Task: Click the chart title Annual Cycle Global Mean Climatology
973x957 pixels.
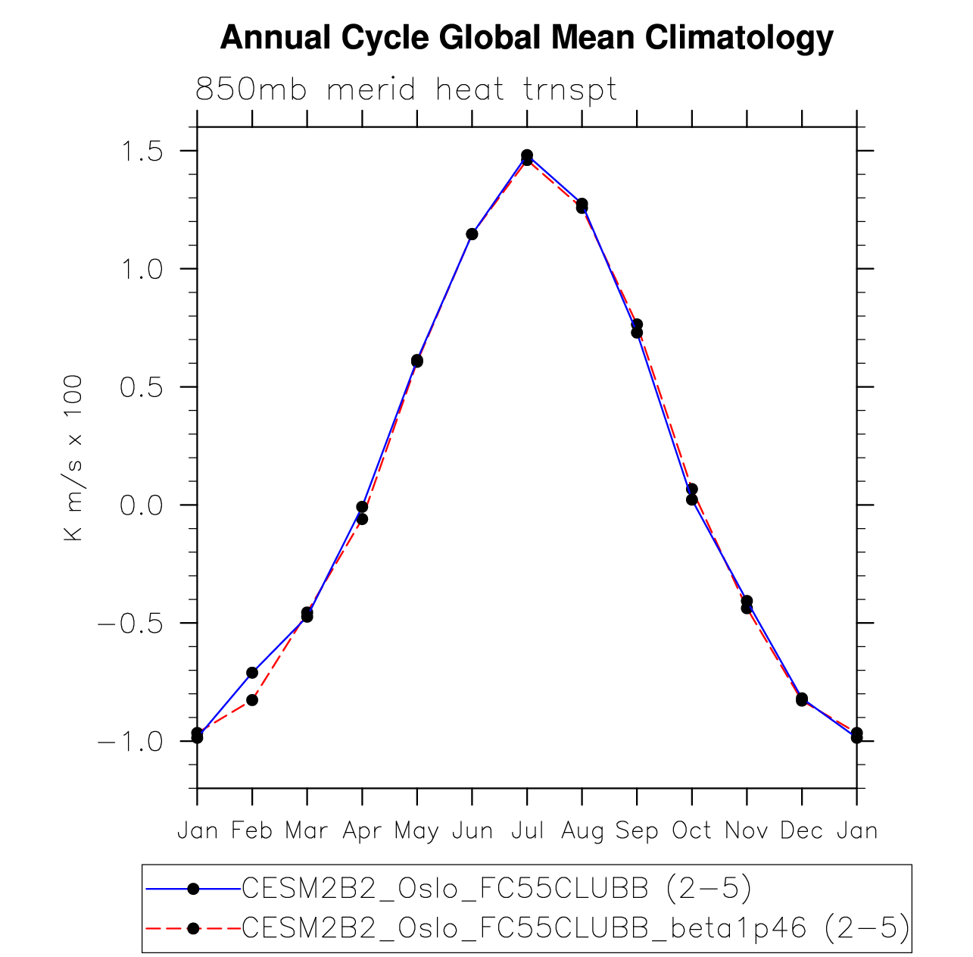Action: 526,38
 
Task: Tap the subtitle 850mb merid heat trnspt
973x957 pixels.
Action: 407,90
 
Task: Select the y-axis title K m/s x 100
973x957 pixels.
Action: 73,458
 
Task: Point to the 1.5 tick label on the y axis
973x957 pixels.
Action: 142,152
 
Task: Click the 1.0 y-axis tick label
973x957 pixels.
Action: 142,269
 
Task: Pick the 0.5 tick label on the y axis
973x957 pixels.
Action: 142,387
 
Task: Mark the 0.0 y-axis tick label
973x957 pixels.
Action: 142,505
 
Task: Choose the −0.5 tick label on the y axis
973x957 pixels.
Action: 130,624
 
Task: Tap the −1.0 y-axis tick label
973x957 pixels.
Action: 130,742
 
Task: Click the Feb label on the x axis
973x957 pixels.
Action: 252,831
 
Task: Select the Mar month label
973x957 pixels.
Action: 307,831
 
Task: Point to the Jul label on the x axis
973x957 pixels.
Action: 527,831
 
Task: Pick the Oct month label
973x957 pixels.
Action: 691,831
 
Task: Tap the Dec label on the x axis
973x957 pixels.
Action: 801,831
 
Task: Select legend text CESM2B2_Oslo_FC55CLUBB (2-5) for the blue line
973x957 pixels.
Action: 496,889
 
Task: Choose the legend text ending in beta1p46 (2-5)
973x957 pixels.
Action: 575,928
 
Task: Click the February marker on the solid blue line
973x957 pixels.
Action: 252,673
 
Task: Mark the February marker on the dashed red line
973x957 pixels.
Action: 252,700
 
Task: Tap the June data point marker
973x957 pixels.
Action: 472,234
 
